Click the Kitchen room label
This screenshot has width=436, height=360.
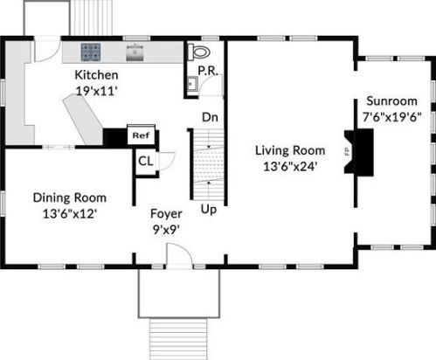click(96, 75)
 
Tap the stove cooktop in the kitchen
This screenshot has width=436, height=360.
click(91, 52)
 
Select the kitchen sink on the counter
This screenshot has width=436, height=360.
click(135, 52)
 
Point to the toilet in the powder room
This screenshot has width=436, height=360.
click(199, 52)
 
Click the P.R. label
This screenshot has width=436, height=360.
click(208, 71)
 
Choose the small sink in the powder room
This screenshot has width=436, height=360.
click(192, 84)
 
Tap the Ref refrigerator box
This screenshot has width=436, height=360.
click(141, 135)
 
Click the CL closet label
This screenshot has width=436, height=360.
click(145, 161)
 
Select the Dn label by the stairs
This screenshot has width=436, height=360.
click(210, 117)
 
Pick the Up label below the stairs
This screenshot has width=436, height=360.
click(209, 209)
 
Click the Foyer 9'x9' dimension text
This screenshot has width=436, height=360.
click(166, 230)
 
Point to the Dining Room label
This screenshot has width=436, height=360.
click(70, 197)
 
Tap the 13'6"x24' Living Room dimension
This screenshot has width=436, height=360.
click(290, 167)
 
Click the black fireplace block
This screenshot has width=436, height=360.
click(361, 152)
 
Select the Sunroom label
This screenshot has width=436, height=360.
click(391, 101)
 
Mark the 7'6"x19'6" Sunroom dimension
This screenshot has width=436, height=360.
click(391, 117)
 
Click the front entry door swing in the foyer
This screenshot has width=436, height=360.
click(178, 254)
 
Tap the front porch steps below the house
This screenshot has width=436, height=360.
click(178, 339)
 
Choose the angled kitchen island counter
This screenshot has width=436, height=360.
click(83, 119)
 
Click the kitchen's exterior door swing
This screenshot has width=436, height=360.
click(47, 50)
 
